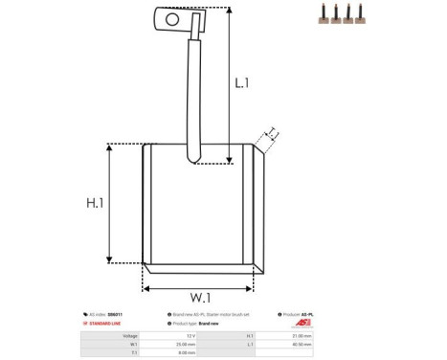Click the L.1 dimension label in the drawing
point(242,83)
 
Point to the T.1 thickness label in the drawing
point(273,133)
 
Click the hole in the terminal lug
point(172,17)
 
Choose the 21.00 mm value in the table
point(350,336)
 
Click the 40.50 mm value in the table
point(350,344)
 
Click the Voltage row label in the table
point(130,336)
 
